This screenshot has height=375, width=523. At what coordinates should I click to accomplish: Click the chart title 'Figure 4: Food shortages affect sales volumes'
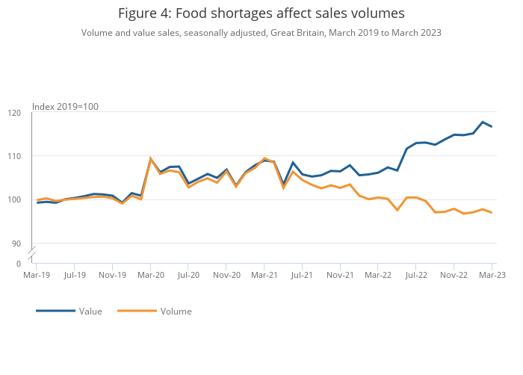tap(261, 13)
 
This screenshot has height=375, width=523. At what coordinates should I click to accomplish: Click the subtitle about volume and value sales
tap(261, 33)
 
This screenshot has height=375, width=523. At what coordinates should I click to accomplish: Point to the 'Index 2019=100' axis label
tap(65, 107)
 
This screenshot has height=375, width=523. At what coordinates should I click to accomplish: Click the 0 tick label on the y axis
tap(19, 264)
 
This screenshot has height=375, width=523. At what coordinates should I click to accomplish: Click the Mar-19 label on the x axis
tap(36, 275)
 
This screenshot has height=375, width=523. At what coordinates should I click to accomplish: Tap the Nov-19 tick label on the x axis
tap(112, 275)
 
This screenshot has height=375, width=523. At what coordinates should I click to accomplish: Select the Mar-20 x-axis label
tap(150, 275)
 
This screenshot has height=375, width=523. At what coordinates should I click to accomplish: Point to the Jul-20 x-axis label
tap(188, 275)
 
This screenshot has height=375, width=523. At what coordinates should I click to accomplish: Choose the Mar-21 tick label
tap(264, 275)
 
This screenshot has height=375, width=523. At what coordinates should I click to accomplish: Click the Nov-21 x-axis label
tap(340, 275)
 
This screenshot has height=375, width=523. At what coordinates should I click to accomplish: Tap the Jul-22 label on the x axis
tap(416, 275)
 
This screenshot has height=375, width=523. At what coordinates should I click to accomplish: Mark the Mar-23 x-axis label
tap(492, 275)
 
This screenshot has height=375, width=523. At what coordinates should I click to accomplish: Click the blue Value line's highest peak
tap(483, 122)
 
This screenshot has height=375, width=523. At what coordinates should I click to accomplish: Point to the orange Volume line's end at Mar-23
tap(492, 213)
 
